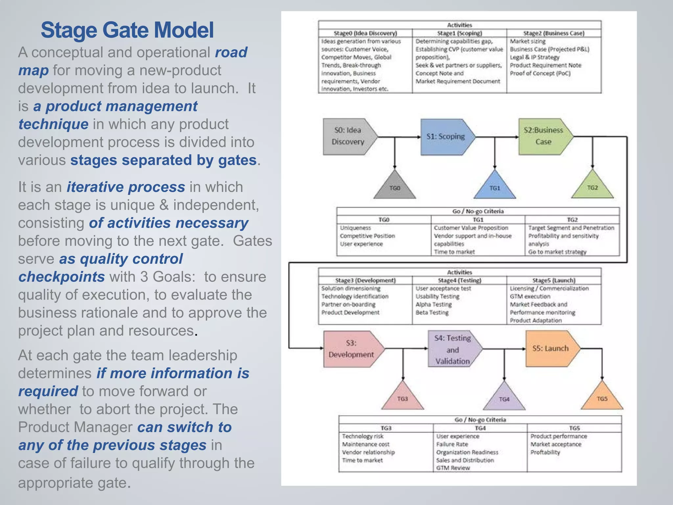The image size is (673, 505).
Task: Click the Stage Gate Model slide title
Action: click(127, 30)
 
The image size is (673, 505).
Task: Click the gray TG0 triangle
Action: click(395, 188)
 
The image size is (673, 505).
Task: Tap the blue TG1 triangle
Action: click(495, 188)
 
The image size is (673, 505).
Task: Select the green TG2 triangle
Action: click(592, 188)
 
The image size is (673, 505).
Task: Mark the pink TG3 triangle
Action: click(403, 399)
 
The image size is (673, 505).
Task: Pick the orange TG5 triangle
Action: click(602, 399)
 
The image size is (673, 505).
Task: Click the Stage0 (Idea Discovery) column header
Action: click(365, 33)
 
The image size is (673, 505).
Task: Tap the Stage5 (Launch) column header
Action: click(554, 280)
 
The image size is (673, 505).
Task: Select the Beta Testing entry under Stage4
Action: click(432, 312)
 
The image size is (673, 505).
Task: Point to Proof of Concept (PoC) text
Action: click(540, 73)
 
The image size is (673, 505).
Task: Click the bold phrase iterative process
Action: click(126, 187)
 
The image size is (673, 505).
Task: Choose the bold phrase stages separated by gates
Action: click(163, 160)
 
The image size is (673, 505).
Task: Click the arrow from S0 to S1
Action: click(399, 136)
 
